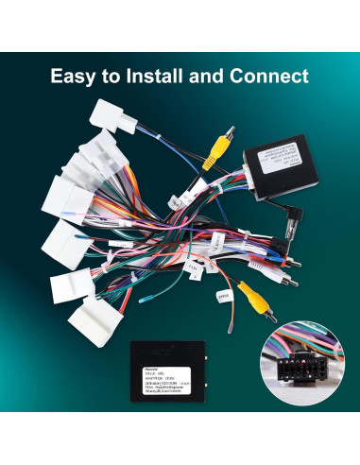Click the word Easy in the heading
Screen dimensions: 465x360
pyautogui.click(x=74, y=75)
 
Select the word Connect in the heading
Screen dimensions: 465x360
pyautogui.click(x=274, y=75)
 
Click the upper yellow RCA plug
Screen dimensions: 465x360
pyautogui.click(x=218, y=145)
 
